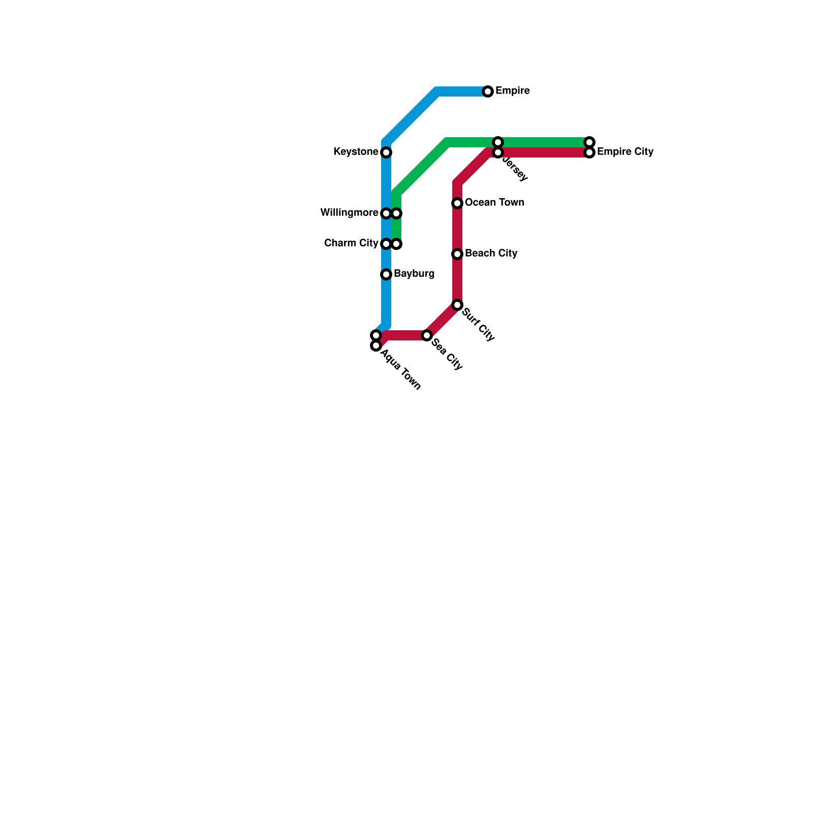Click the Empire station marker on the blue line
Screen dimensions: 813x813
point(488,91)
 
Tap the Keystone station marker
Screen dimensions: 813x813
point(386,152)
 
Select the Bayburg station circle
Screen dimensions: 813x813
point(386,274)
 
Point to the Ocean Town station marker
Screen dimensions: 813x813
point(457,203)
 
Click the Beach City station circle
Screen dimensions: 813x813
point(457,254)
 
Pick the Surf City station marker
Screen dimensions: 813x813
point(457,305)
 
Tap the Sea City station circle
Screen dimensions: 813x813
point(427,335)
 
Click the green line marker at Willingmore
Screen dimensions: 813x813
point(397,213)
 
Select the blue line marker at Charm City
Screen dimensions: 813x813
point(386,244)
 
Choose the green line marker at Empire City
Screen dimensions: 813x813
point(589,142)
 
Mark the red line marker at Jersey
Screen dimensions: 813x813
point(498,152)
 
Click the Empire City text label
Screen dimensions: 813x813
point(625,152)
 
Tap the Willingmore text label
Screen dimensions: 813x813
point(349,213)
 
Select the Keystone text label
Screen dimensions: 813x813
point(356,152)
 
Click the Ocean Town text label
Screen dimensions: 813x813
point(494,203)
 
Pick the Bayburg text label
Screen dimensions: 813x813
point(414,274)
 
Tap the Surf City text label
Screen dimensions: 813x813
point(478,325)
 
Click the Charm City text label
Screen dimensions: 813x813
point(351,243)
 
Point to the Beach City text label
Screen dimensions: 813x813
point(491,254)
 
